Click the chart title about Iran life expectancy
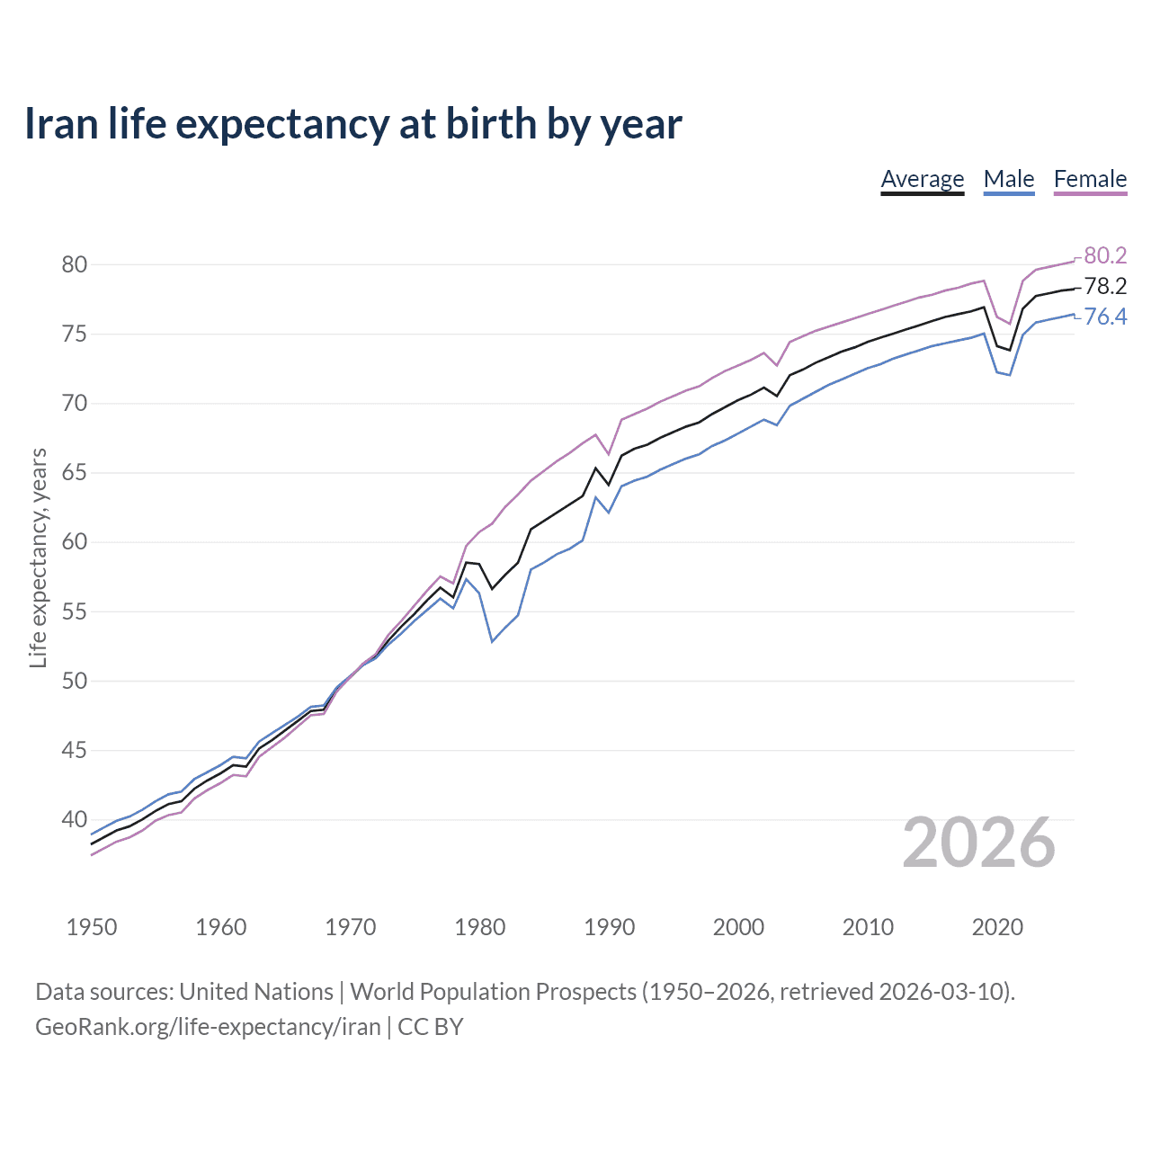[352, 123]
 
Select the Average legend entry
[922, 179]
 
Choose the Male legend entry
[1008, 179]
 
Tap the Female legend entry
[1090, 179]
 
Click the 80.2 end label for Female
[1105, 256]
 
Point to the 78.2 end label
[1105, 287]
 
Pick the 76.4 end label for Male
[1105, 317]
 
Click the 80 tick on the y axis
[75, 264]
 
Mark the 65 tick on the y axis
[75, 473]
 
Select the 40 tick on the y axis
[75, 820]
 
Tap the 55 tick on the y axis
[75, 611]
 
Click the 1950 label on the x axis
[92, 927]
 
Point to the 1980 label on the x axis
[479, 927]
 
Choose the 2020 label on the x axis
[997, 927]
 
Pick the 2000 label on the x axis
[738, 927]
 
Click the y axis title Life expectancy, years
[38, 558]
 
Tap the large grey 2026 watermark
[978, 843]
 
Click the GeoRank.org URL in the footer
[208, 1027]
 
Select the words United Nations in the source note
[256, 992]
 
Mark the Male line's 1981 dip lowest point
[492, 641]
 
